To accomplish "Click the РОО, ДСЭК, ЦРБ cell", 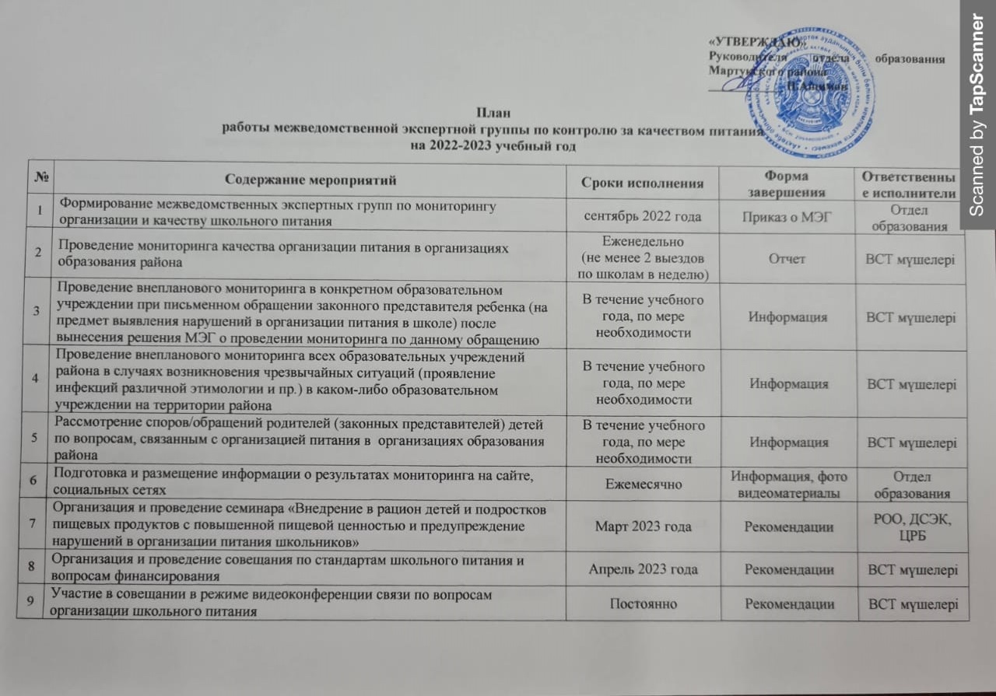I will [x=910, y=526].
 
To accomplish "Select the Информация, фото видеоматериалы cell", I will [x=787, y=484].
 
